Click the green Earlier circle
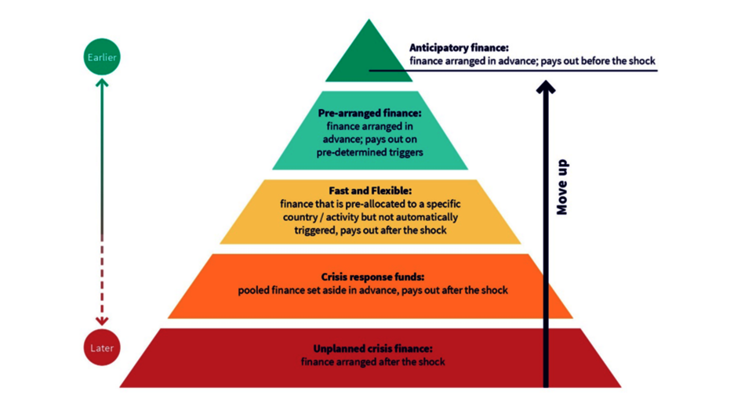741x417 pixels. point(101,57)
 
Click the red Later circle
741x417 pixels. point(101,348)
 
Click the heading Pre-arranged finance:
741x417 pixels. point(369,114)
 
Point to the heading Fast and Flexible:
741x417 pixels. point(369,190)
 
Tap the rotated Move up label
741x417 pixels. point(562,187)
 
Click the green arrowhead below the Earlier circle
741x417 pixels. point(101,83)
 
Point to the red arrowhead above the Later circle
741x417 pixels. point(101,321)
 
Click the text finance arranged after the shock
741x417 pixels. point(372,361)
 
